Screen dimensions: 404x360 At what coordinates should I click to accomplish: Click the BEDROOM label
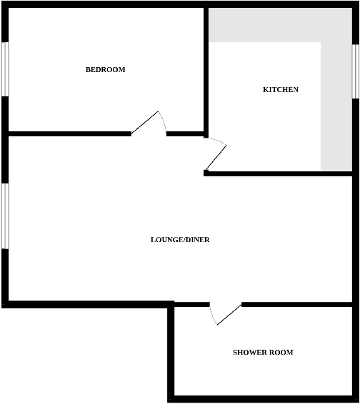pyautogui.click(x=105, y=70)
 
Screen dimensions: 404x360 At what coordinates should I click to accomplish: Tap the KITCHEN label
pyautogui.click(x=281, y=90)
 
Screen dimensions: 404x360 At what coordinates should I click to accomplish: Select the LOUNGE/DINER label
pyautogui.click(x=180, y=240)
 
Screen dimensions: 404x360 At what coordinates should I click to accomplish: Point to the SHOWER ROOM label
pyautogui.click(x=263, y=353)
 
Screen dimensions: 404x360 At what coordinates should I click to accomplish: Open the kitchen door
pyautogui.click(x=215, y=156)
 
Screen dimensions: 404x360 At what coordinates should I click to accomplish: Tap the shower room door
pyautogui.click(x=227, y=314)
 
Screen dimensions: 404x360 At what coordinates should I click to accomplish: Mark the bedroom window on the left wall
pyautogui.click(x=4, y=69)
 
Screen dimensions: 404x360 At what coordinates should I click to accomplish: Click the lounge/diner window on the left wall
pyautogui.click(x=4, y=216)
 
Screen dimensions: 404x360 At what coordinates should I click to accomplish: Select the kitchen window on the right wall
pyautogui.click(x=355, y=71)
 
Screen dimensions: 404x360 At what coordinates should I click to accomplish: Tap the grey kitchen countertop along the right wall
pyautogui.click(x=336, y=107)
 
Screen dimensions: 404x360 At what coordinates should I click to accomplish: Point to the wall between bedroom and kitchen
pyautogui.click(x=206, y=71)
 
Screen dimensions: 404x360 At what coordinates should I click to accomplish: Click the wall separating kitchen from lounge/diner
pyautogui.click(x=279, y=173)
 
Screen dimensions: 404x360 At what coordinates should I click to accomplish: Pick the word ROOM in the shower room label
pyautogui.click(x=281, y=353)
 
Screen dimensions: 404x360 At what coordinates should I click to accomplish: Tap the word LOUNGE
pyautogui.click(x=166, y=240)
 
